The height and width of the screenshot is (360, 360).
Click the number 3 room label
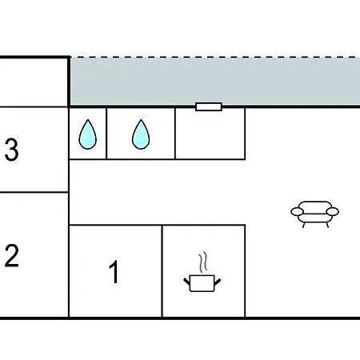[x=12, y=150]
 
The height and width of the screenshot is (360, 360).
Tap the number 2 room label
[x=12, y=256]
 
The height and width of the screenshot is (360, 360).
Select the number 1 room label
[x=114, y=272]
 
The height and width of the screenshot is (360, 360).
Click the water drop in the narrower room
[x=88, y=134]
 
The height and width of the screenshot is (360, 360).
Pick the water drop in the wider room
[x=141, y=134]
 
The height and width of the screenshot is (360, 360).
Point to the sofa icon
[x=315, y=214]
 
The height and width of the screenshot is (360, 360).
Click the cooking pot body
[x=202, y=283]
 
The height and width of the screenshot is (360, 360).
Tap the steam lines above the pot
[x=203, y=262]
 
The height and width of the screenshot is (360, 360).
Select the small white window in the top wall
[x=209, y=106]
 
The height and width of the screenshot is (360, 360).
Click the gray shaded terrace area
[x=214, y=82]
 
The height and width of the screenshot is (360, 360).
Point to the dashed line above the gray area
[x=214, y=57]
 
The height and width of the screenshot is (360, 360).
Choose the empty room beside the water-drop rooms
[x=210, y=134]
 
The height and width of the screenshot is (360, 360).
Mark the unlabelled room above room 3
[x=34, y=82]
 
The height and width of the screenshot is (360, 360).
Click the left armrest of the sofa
[x=297, y=212]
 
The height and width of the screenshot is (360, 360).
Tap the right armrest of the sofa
[x=333, y=212]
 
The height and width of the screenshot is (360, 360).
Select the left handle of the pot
[x=186, y=282]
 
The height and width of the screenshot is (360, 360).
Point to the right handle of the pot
[x=218, y=282]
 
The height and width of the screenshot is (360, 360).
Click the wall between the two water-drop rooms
[x=106, y=134]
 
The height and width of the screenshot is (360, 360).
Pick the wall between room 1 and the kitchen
[x=162, y=271]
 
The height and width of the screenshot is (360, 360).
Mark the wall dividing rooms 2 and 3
[x=34, y=192]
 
